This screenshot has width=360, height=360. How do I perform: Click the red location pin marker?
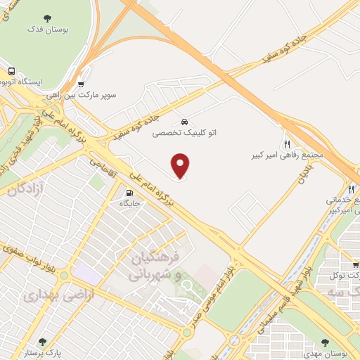coord(181,166)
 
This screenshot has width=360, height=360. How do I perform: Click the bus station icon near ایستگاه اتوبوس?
coord(11,72)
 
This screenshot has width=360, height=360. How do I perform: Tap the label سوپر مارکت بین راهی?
coord(81,94)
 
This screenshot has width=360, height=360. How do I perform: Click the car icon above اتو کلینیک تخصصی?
coord(185,120)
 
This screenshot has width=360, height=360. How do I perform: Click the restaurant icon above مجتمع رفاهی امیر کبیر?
coord(287,143)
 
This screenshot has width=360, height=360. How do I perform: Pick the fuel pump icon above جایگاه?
coord(129,193)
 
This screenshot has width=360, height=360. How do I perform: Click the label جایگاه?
coord(130,204)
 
